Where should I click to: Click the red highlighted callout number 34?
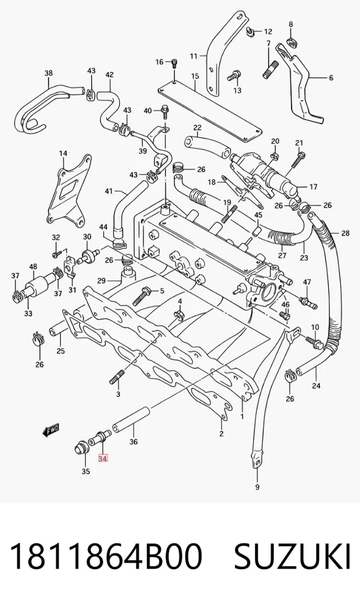pyautogui.click(x=103, y=458)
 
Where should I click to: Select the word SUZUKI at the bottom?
pyautogui.click(x=292, y=556)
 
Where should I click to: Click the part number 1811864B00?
pyautogui.click(x=106, y=556)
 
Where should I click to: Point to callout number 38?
pyautogui.click(x=49, y=73)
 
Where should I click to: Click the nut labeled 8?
pyautogui.click(x=292, y=42)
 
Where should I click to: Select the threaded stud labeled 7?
pyautogui.click(x=268, y=70)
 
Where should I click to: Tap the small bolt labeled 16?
pyautogui.click(x=175, y=63)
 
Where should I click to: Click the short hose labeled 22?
pyautogui.click(x=206, y=146)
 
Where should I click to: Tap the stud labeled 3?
pyautogui.click(x=117, y=376)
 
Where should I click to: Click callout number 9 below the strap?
pyautogui.click(x=257, y=488)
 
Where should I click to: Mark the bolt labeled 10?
pyautogui.click(x=314, y=342)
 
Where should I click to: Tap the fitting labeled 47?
pyautogui.click(x=308, y=302)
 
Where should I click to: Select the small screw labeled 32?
pyautogui.click(x=56, y=254)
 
